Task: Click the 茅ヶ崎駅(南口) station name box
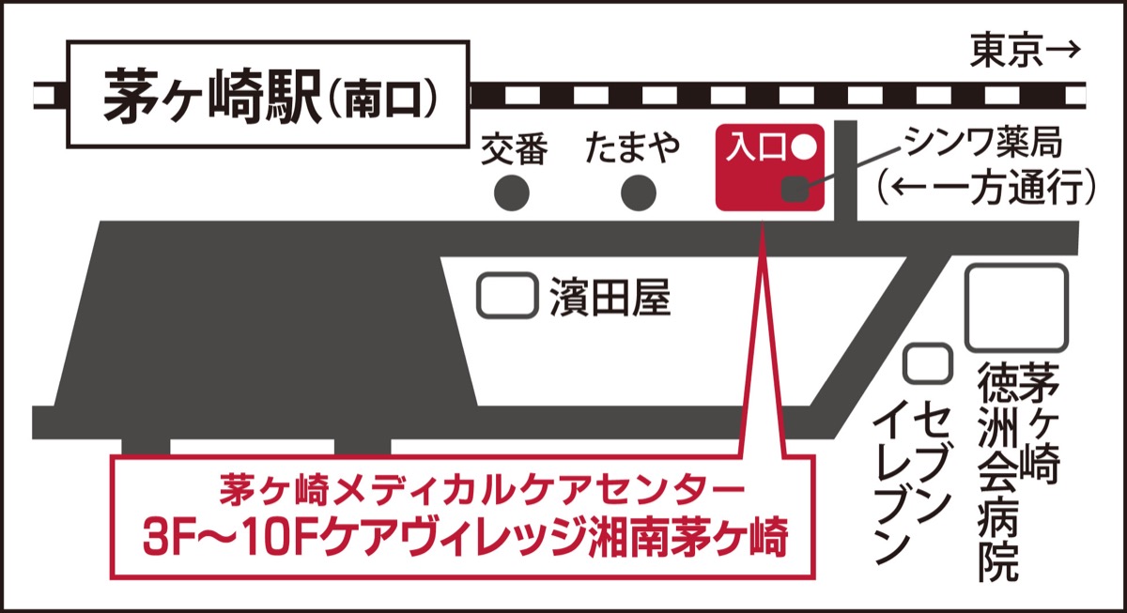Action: click(268, 95)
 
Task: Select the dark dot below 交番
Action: click(513, 193)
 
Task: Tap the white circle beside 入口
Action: click(805, 147)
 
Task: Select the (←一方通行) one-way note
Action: click(983, 189)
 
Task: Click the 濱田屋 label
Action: click(610, 298)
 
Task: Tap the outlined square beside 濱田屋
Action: click(507, 296)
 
